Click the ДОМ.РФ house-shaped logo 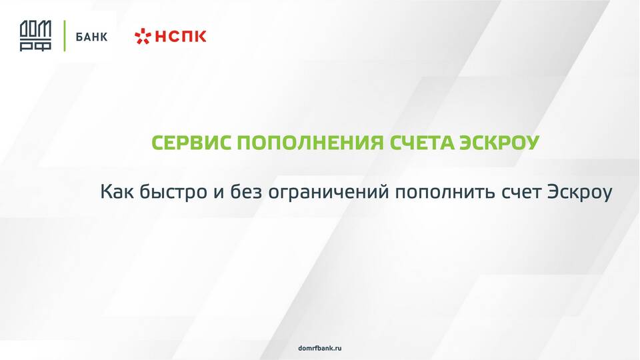pyautogui.click(x=35, y=36)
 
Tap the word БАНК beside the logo pyautogui.click(x=91, y=37)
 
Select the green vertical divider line pyautogui.click(x=64, y=36)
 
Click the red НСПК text pyautogui.click(x=181, y=37)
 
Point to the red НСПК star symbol pyautogui.click(x=143, y=37)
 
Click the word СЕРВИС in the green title pyautogui.click(x=191, y=143)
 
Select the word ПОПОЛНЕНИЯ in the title pyautogui.click(x=311, y=143)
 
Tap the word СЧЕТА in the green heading pyautogui.click(x=421, y=143)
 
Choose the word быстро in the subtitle pyautogui.click(x=173, y=193)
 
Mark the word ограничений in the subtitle pyautogui.click(x=329, y=193)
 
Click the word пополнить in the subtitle pyautogui.click(x=445, y=193)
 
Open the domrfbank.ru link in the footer pyautogui.click(x=320, y=348)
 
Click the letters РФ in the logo pyautogui.click(x=35, y=46)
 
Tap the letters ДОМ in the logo pyautogui.click(x=35, y=30)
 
